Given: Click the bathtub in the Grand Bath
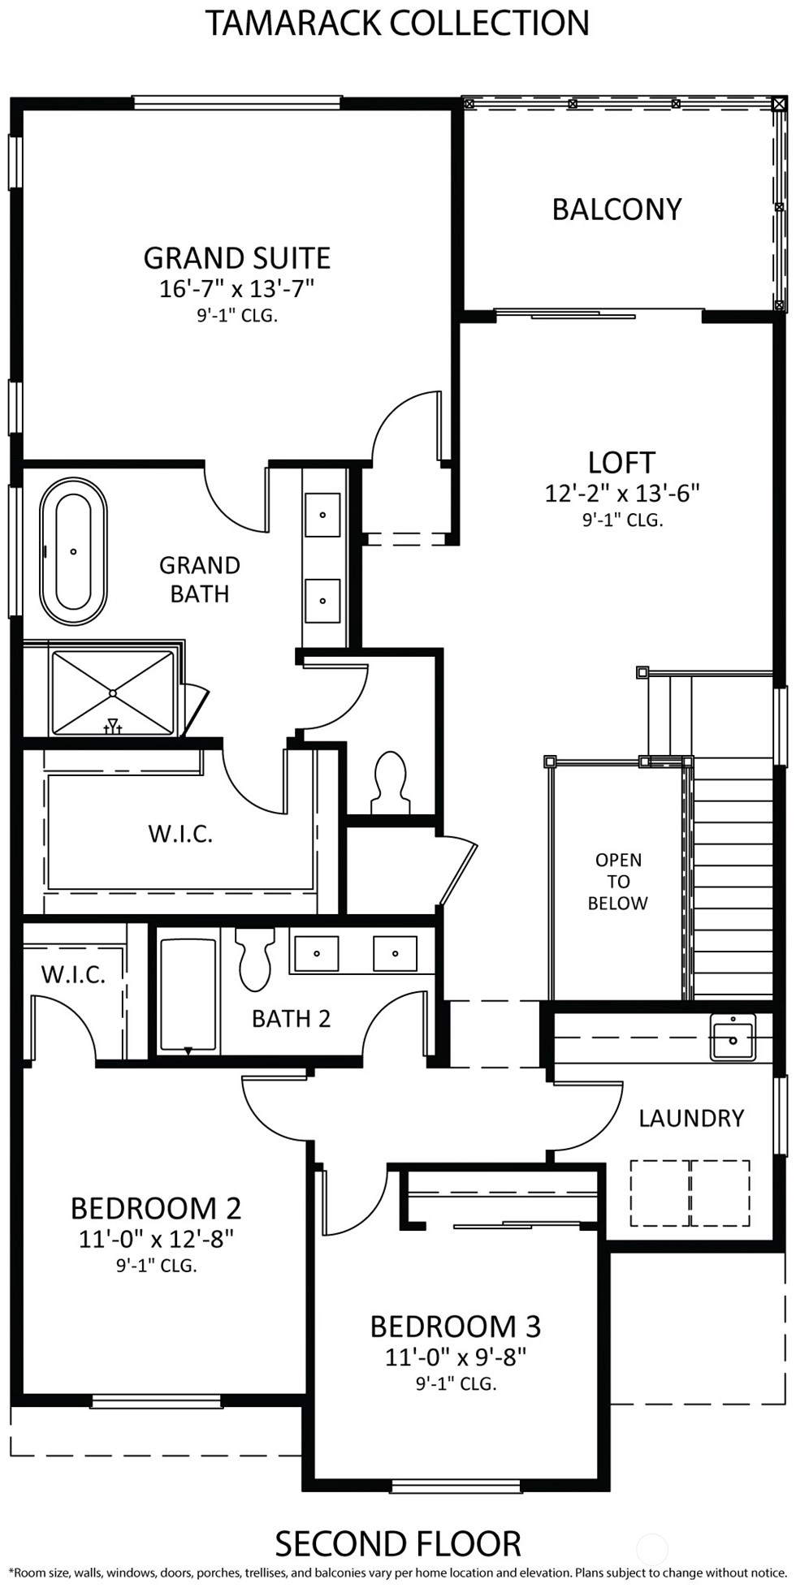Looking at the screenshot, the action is [x=73, y=552].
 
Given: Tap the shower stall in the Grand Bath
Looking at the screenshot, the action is [x=113, y=693].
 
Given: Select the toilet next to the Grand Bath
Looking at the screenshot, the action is [x=392, y=782].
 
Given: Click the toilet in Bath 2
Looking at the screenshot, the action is [x=254, y=960].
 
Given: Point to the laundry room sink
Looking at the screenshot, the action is [x=733, y=1037].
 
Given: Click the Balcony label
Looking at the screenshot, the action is [x=616, y=209].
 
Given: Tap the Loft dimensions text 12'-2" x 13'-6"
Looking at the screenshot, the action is [x=622, y=493].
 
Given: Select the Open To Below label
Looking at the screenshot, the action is [x=618, y=882].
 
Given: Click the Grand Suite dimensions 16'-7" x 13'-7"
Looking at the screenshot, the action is [x=236, y=288].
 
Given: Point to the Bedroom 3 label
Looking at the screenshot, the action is [x=455, y=1326].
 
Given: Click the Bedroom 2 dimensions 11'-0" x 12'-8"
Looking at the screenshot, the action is [x=156, y=1238].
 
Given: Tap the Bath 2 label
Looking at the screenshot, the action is [x=291, y=1019].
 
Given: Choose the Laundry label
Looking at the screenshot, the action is [x=691, y=1118].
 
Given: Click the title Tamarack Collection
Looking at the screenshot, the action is [x=397, y=23].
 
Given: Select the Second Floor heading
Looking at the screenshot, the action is [x=397, y=1543].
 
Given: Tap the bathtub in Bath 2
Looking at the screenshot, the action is [x=188, y=995].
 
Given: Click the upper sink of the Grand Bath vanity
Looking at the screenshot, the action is [x=322, y=514].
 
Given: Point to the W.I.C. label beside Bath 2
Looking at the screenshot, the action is [x=73, y=974].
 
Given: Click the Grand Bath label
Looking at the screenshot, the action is [x=200, y=579].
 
